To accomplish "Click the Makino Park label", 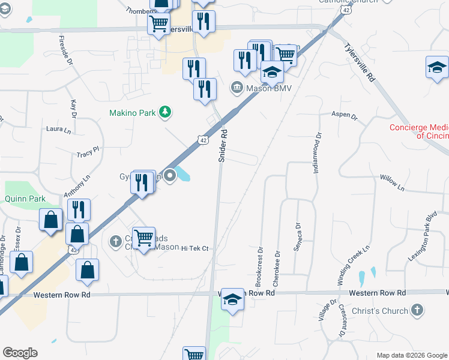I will click(133, 113).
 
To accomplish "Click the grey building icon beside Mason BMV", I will click(237, 88).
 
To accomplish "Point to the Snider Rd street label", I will click(223, 146).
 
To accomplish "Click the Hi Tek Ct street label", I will click(194, 248).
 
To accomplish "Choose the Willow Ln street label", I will click(393, 182).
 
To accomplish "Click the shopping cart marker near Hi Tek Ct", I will click(144, 238).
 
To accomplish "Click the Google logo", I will click(20, 353).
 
